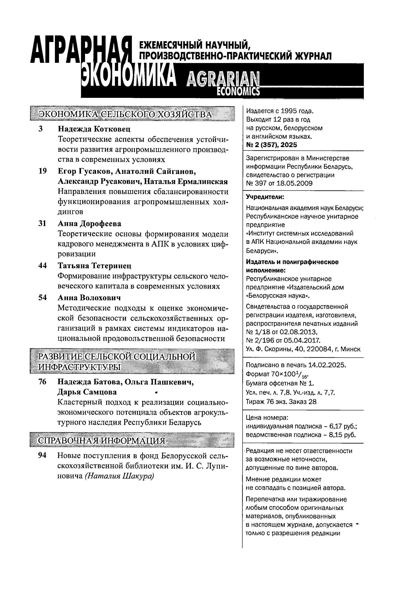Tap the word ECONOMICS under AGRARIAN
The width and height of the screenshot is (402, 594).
[x=238, y=91]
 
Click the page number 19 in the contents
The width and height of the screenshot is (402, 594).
[x=42, y=171]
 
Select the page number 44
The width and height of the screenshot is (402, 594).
[x=42, y=265]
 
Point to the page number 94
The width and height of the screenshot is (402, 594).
[x=42, y=455]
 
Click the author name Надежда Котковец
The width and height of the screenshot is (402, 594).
[x=94, y=129]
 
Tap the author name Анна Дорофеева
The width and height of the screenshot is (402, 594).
[x=89, y=223]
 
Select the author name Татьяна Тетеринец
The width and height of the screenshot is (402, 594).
[x=95, y=265]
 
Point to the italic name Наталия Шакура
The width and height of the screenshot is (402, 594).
[x=119, y=476]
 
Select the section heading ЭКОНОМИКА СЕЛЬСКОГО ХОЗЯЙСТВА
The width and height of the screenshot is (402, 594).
[x=125, y=114]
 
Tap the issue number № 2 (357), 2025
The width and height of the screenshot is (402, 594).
[x=271, y=145]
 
